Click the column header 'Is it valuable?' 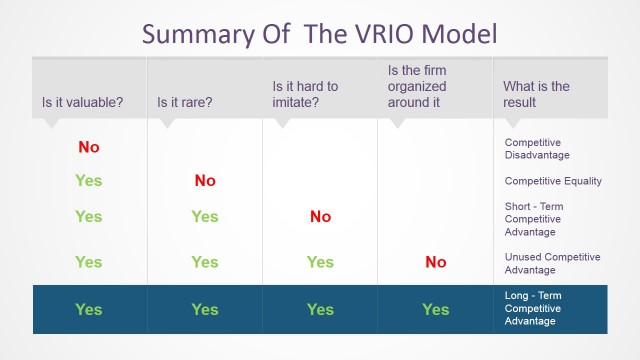pos(84,102)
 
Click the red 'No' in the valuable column pos(88,147)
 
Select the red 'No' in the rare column pos(204,181)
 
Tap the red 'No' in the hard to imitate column pos(320,216)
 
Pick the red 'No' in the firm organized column pos(435,262)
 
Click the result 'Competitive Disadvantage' pos(537,148)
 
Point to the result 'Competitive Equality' pos(553,181)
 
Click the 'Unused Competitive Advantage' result pos(552,263)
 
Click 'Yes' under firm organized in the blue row pos(435,309)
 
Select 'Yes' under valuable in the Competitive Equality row pos(88,181)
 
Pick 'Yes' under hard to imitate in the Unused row pos(320,262)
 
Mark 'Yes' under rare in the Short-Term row pos(204,216)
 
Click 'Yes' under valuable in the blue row pos(88,309)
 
